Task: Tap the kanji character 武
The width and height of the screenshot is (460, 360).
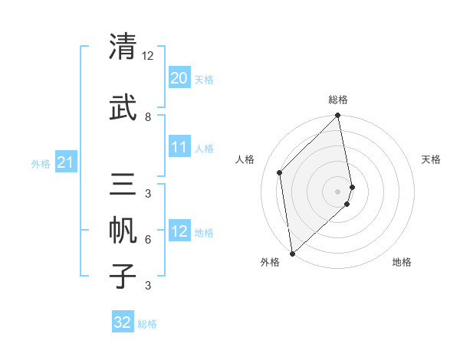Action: tap(123, 107)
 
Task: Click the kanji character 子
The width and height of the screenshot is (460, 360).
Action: tap(123, 276)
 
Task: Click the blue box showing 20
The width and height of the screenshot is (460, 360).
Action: tap(179, 77)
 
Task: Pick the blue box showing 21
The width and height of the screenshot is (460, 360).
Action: tap(65, 162)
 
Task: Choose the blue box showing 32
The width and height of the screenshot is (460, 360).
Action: tap(123, 322)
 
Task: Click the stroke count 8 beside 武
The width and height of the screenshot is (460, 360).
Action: tap(148, 116)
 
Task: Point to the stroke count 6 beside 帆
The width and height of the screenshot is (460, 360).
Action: tap(148, 239)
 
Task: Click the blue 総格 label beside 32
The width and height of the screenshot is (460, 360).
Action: tap(147, 324)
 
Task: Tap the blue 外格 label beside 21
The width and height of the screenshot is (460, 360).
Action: tap(41, 163)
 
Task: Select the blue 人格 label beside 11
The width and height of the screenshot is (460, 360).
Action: tap(204, 148)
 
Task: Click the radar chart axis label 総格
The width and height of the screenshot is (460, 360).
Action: tap(338, 100)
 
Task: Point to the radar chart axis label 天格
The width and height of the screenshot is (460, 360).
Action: tap(432, 159)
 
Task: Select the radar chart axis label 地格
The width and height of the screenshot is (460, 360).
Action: tap(402, 263)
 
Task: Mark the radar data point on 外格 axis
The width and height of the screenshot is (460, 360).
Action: tap(291, 252)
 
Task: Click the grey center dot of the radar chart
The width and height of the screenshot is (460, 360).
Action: tap(338, 190)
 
